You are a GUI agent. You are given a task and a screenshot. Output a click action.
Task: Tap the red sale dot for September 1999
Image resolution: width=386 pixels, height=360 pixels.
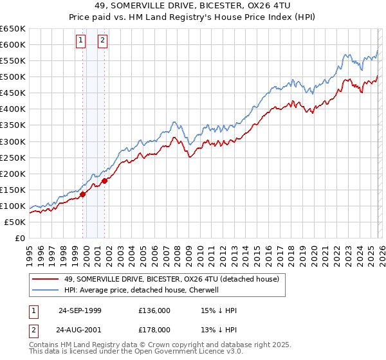pos(83,194)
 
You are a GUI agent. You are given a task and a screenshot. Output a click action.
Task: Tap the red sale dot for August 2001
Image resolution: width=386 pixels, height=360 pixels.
pos(105,181)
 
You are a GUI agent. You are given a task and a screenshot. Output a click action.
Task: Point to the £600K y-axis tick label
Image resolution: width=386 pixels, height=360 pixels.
pos(13,44)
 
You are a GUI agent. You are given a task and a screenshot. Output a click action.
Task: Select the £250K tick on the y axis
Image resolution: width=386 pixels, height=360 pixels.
pos(13,157)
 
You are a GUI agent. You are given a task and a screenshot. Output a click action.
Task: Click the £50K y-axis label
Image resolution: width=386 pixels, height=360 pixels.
pos(15,222)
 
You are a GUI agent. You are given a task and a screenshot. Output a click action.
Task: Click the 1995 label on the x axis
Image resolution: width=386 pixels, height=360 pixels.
pos(29,251)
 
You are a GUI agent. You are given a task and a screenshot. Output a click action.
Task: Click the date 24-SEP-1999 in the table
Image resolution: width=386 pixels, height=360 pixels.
pos(80,310)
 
